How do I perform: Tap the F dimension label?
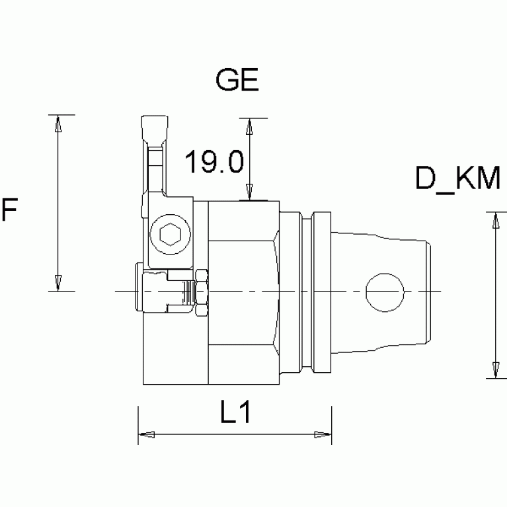[x=9, y=211]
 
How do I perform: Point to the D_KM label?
[x=457, y=178]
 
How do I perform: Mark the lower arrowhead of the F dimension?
[x=59, y=282]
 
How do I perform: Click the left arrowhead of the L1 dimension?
[x=146, y=434]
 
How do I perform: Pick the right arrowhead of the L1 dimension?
[x=322, y=434]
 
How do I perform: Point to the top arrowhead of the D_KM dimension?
[x=494, y=221]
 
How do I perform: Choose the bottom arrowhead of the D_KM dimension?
[x=494, y=370]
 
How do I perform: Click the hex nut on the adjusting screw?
[x=201, y=292]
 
